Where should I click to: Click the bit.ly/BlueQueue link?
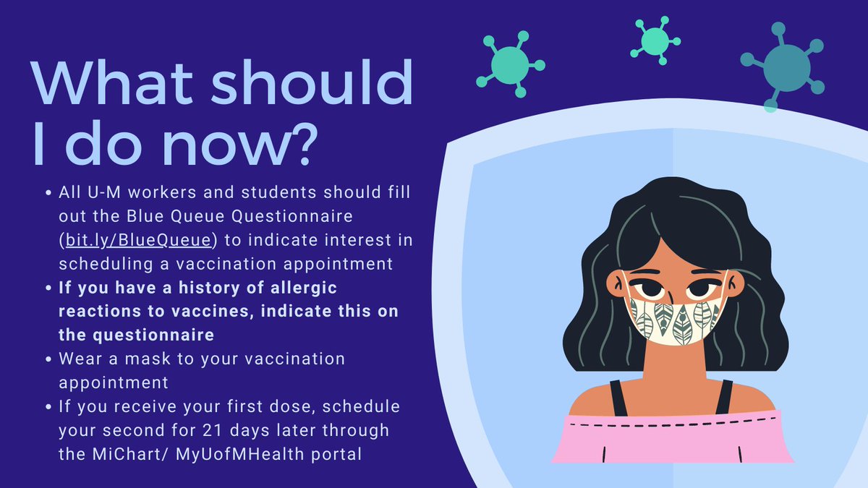coord(139,241)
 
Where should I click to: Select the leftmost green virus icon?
coord(510,64)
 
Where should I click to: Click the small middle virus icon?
coord(654,39)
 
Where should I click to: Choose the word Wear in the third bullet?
coord(80,359)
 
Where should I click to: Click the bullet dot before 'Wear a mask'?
coord(48,360)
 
